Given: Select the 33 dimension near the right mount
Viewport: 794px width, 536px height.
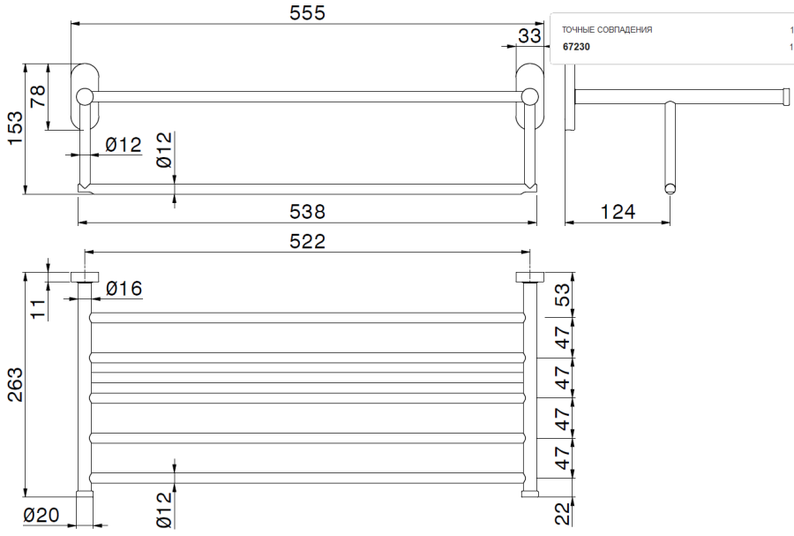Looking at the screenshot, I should [x=528, y=35].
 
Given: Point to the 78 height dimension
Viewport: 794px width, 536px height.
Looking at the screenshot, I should [x=38, y=96].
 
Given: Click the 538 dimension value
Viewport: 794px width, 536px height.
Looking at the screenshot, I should [x=308, y=212].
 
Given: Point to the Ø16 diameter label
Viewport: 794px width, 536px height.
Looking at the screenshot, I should [x=124, y=288].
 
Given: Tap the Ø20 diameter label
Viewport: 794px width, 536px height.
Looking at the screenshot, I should [x=41, y=516].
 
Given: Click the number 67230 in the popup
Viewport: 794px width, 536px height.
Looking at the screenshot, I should [x=576, y=47].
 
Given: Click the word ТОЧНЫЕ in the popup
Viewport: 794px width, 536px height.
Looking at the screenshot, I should [x=579, y=30].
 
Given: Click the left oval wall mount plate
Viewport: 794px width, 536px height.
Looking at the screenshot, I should [x=86, y=96].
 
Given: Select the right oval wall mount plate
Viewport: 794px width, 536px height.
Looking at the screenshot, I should [x=530, y=96].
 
